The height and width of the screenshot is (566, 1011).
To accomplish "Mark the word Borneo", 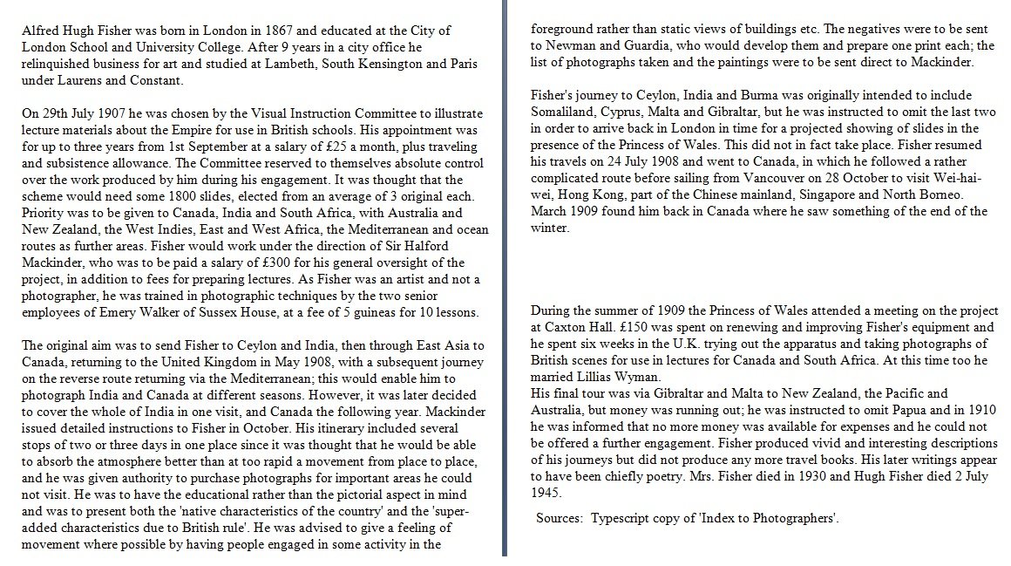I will click(942, 195).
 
